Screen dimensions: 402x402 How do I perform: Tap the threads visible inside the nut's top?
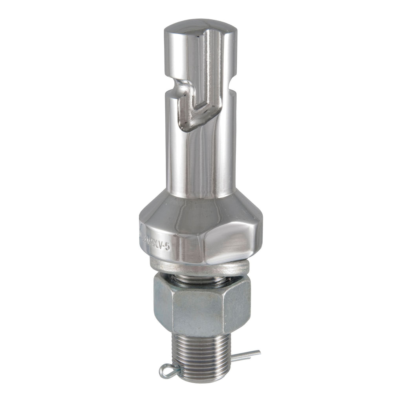tap(200, 280)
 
